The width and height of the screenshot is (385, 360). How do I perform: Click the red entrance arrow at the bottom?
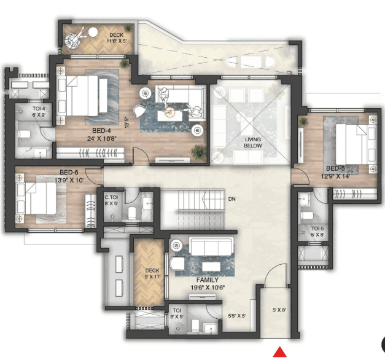click(x=279, y=352)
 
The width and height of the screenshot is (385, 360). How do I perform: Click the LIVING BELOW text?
click(x=253, y=143)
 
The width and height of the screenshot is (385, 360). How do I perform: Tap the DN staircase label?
click(x=232, y=199)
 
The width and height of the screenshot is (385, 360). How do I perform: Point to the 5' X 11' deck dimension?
click(x=152, y=276)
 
